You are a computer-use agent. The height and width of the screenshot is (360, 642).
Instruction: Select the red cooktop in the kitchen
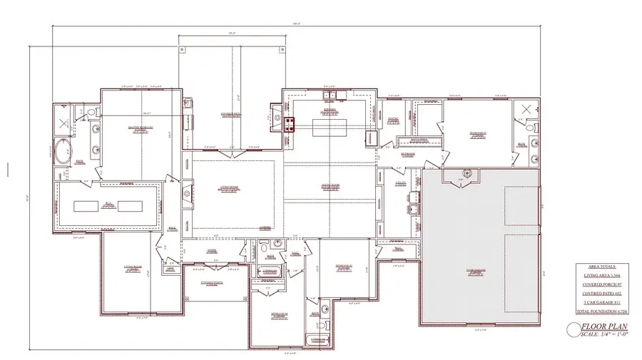pos(290,125)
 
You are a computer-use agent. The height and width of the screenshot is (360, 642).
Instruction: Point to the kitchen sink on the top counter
pos(331,96)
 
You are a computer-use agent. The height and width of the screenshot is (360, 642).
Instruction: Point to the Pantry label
pos(393,119)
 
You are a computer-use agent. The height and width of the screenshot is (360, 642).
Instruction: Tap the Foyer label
pos(212,251)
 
